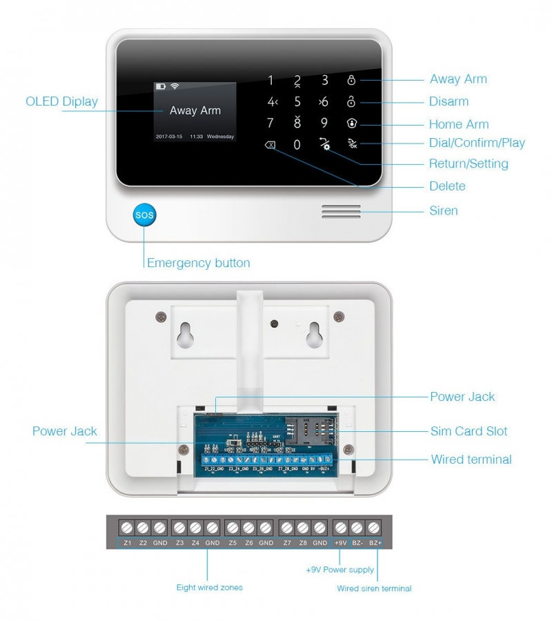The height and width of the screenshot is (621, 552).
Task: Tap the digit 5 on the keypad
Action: [297, 102]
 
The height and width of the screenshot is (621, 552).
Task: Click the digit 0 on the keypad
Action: [297, 145]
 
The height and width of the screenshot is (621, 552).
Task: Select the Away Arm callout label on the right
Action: [458, 79]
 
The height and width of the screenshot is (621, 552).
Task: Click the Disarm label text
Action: [448, 101]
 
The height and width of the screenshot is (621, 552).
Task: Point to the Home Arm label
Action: [458, 124]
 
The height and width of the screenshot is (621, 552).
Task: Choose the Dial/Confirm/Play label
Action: [477, 144]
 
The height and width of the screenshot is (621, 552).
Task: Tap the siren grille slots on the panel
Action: [341, 211]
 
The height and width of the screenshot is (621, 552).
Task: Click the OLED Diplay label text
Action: [61, 102]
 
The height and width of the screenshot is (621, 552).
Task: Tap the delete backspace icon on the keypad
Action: [270, 145]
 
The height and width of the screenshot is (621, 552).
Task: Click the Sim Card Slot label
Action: [469, 431]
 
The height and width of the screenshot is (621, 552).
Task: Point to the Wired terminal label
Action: [471, 460]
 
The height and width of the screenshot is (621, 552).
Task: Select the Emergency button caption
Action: [198, 263]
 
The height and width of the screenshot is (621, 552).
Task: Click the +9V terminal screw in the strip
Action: [340, 528]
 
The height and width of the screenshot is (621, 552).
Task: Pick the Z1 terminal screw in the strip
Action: [127, 528]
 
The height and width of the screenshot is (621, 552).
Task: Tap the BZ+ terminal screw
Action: [374, 528]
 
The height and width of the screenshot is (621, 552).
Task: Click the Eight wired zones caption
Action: [209, 588]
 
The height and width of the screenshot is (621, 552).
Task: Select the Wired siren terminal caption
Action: [374, 589]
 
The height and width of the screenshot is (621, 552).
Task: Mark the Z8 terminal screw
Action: [303, 528]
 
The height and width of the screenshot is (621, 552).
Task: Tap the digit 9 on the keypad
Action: [324, 124]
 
